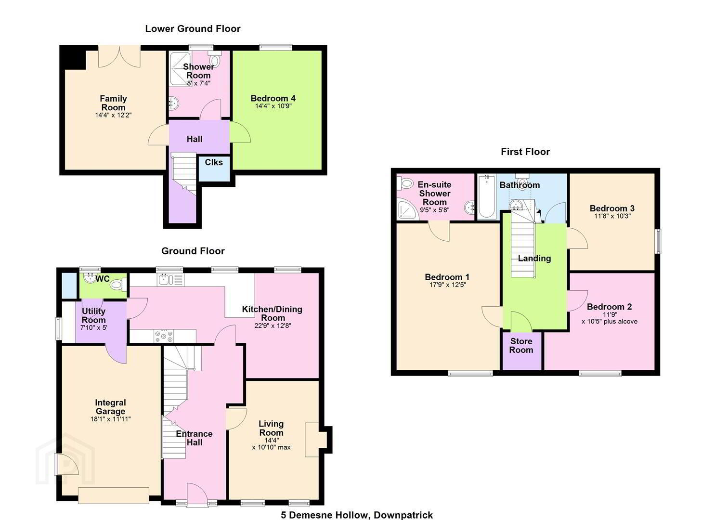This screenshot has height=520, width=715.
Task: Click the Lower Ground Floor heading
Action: click(193, 29)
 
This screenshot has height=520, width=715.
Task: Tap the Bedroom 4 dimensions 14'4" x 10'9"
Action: click(273, 106)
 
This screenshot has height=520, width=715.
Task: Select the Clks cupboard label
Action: click(214, 162)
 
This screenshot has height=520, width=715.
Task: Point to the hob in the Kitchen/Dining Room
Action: click(164, 336)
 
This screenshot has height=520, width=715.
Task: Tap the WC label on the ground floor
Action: click(103, 279)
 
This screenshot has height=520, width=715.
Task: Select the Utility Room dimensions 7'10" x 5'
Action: click(94, 327)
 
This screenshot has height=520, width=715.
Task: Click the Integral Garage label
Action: click(110, 407)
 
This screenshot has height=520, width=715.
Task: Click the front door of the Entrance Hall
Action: click(197, 495)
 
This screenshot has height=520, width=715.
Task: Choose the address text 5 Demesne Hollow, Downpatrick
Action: click(357, 515)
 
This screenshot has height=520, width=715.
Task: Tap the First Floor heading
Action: click(525, 152)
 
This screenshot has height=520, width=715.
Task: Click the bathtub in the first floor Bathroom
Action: click(487, 197)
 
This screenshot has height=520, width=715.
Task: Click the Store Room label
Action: click(521, 345)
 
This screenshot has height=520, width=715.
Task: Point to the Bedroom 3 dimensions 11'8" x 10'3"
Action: click(612, 216)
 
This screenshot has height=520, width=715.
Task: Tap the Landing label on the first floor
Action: click(534, 258)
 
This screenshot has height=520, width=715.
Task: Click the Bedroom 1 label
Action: click(447, 277)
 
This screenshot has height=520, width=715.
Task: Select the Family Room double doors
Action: click(119, 57)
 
